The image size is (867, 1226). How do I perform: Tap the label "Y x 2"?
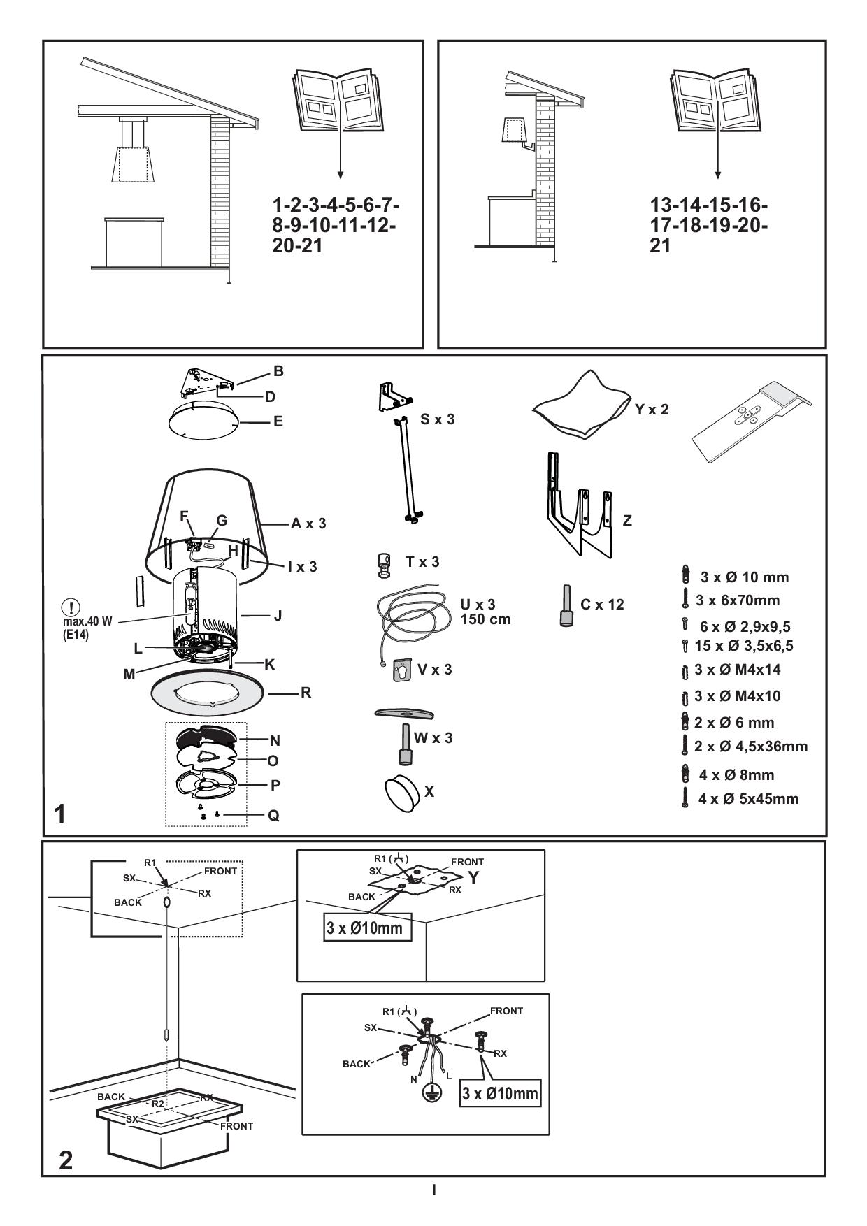652,410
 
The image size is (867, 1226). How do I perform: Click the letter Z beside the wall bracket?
627,521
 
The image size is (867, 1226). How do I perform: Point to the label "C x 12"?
602,605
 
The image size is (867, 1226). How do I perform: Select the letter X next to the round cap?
429,791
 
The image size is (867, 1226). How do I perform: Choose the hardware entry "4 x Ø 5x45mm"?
747,799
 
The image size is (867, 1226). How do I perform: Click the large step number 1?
61,814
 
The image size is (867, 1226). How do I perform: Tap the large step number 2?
65,1160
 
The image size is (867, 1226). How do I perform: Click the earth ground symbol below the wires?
433,1094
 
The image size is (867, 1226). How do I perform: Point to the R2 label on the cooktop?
158,1103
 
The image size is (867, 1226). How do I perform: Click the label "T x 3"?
422,562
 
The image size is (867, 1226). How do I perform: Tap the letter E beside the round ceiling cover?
278,421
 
